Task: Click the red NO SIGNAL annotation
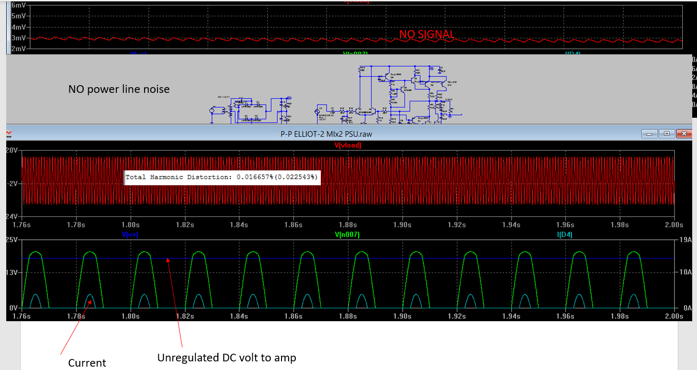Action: point(427,34)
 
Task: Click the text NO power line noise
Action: point(119,89)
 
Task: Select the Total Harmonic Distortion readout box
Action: point(222,177)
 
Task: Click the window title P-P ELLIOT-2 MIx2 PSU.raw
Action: point(326,134)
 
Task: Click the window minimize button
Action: point(650,134)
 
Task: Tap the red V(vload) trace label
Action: point(348,145)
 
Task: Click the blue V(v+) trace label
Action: point(133,235)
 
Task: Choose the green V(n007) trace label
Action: point(348,235)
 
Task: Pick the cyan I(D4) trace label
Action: point(565,235)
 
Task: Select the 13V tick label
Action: point(11,272)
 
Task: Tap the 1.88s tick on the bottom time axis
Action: point(348,316)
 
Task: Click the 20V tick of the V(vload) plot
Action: point(11,150)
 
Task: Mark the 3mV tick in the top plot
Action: point(18,38)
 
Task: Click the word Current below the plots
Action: point(87,363)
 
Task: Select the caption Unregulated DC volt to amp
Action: point(227,358)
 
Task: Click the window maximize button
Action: point(667,134)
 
